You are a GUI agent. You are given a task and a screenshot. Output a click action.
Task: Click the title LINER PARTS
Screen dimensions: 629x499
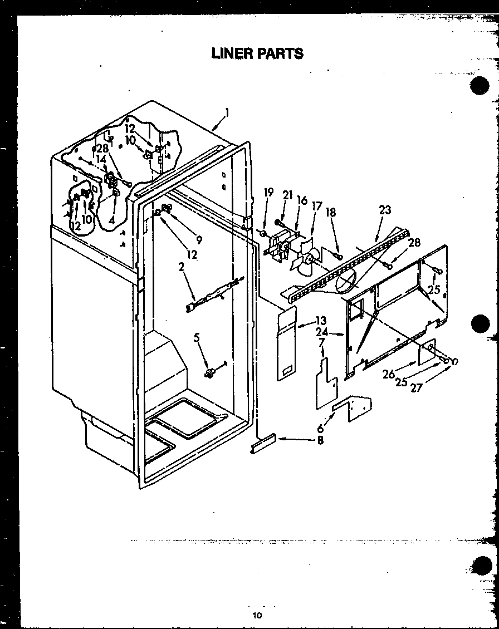coord(257,53)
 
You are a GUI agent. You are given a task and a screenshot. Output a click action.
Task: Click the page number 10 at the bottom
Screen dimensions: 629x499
coord(257,615)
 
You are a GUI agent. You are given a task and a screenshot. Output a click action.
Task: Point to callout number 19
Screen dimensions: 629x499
coord(269,193)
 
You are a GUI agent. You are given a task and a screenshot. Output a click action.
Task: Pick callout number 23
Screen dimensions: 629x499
coord(385,210)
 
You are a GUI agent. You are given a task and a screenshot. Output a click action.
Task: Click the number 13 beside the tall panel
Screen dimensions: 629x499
coord(321,321)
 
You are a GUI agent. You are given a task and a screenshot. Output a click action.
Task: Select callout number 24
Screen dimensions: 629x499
coord(321,333)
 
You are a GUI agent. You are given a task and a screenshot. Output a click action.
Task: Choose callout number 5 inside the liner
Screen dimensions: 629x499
coord(196,337)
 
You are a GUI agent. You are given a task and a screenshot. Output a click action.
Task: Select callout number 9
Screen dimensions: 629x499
coord(199,240)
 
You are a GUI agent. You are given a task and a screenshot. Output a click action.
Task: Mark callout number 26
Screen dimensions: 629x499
coord(389,374)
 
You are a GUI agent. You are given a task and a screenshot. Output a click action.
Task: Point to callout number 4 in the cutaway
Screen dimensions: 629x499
coord(112,220)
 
